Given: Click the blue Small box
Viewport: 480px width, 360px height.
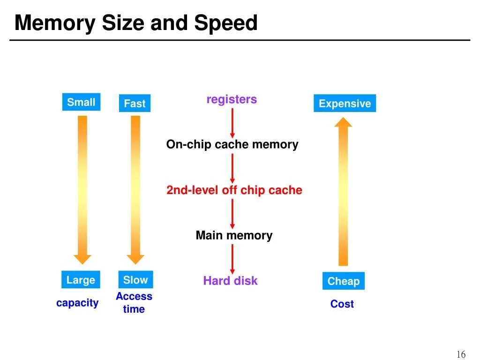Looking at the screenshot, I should (81, 102).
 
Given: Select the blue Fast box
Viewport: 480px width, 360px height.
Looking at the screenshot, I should (135, 104).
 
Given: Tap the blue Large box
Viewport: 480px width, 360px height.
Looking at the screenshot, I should (81, 280).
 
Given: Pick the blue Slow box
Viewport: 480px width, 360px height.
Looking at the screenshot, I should (135, 280).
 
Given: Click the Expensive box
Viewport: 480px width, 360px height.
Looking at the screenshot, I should (345, 104).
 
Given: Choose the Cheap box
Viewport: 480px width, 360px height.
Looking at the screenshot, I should (344, 281).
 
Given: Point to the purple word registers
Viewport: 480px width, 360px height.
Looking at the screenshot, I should (232, 99).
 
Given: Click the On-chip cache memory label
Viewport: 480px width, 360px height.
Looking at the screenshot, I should (232, 144).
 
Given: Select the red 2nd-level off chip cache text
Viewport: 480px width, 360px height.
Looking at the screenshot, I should (234, 190).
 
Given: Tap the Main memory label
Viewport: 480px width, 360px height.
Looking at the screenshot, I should (234, 235).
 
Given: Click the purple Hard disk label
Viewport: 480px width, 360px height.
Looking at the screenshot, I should (230, 281).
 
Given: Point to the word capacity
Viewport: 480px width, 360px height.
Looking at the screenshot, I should (77, 303).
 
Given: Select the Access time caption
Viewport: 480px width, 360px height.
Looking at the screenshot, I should (134, 303).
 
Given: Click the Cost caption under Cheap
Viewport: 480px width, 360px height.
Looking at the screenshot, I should (342, 304).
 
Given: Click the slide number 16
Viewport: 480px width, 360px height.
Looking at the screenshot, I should (461, 354).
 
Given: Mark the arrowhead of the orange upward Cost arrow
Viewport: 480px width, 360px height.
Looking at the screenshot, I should (344, 122).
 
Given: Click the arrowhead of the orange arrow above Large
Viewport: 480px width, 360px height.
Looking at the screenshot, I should (82, 258).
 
